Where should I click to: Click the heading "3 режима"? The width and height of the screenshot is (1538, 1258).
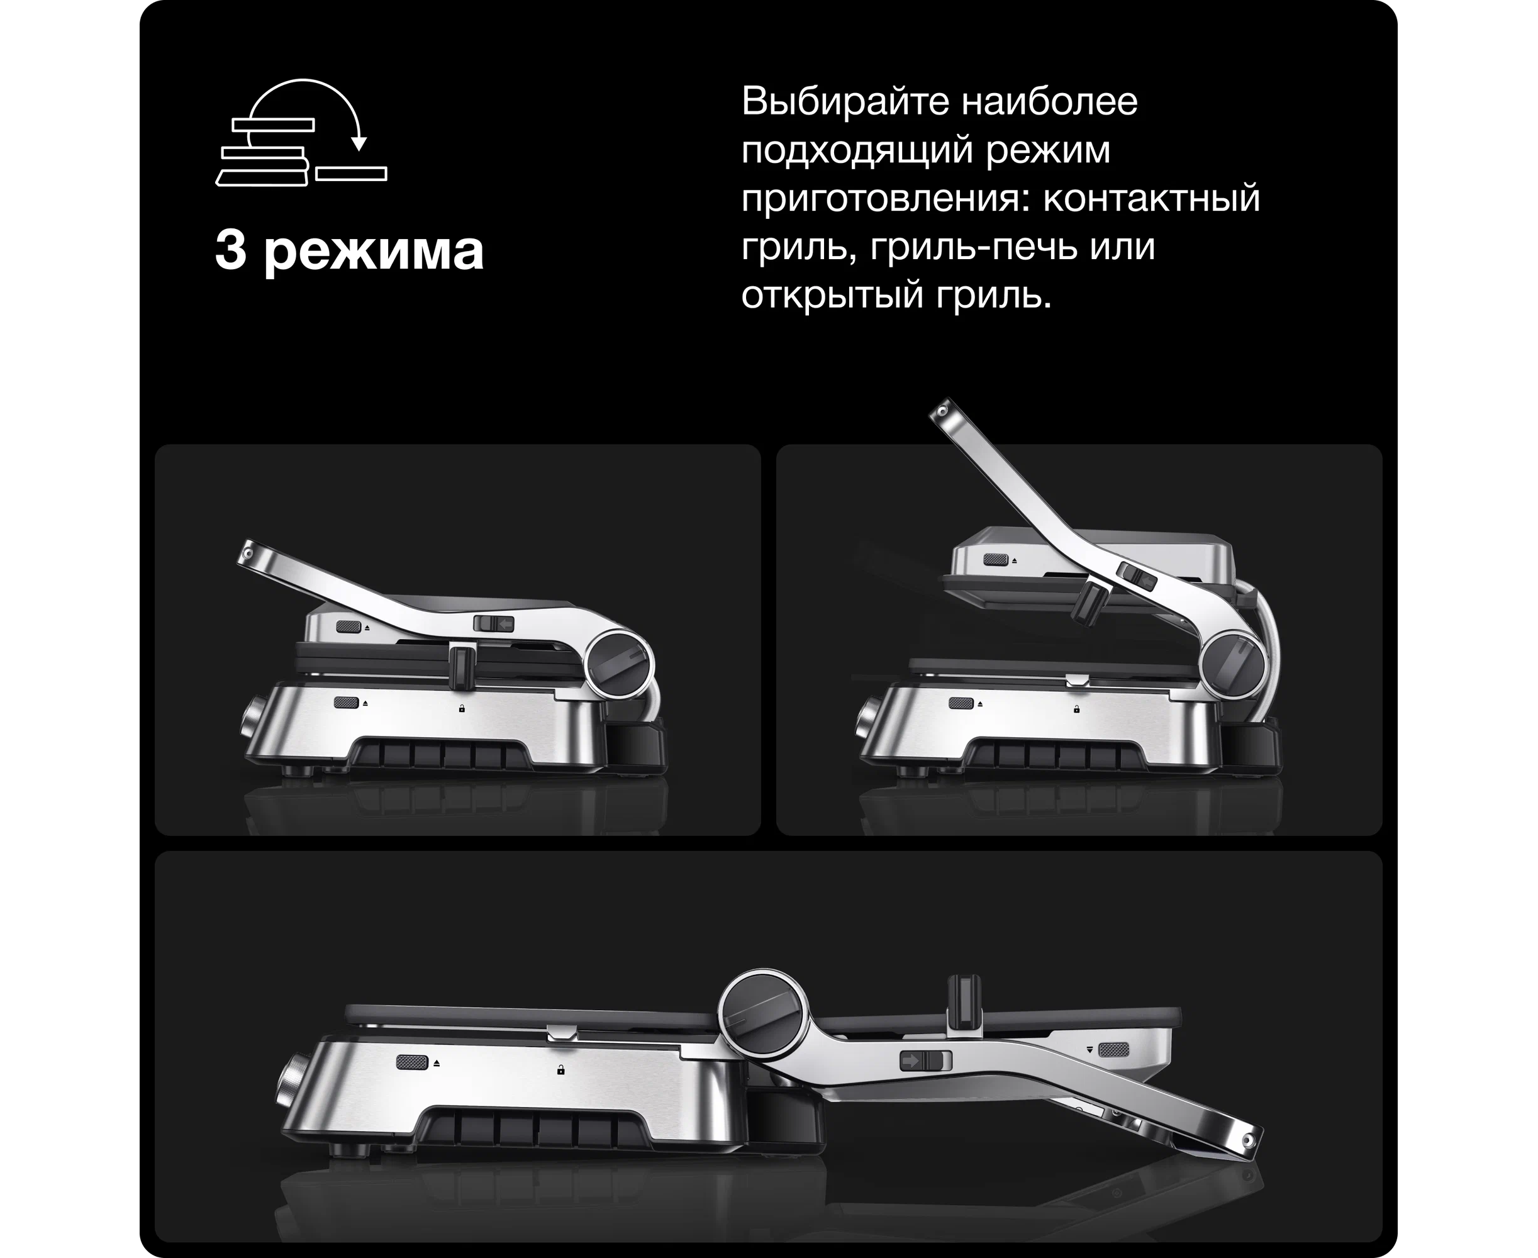pos(349,252)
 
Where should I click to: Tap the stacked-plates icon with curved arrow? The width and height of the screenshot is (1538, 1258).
pos(301,133)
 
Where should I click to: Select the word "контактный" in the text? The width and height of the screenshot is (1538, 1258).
pos(1152,198)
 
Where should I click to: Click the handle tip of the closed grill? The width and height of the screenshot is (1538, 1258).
pos(248,552)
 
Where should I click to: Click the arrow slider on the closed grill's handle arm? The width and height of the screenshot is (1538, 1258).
pos(494,623)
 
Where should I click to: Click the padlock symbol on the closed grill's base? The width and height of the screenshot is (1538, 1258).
pos(462,708)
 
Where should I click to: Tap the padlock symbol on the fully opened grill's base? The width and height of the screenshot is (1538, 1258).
pos(560,1069)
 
